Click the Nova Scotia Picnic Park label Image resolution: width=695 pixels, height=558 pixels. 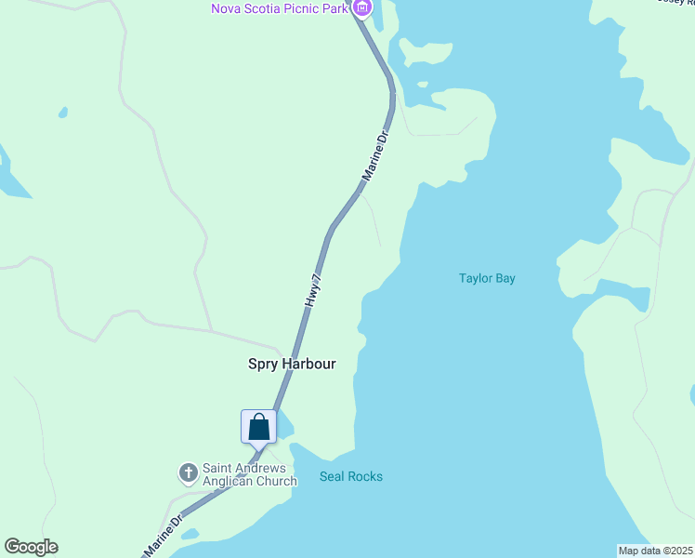tap(280, 9)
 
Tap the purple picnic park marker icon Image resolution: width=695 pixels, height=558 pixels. tap(362, 8)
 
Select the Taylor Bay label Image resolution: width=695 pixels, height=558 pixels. tap(487, 278)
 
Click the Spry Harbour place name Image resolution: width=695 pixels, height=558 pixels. tap(291, 365)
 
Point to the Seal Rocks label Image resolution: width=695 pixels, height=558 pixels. tap(350, 477)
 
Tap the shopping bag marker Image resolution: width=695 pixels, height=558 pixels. tap(259, 428)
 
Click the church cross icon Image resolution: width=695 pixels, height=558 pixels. tap(188, 474)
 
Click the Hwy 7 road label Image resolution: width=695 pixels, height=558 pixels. tap(314, 291)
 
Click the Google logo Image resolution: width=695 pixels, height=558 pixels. tap(31, 547)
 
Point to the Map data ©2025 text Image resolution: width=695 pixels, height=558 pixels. tap(655, 551)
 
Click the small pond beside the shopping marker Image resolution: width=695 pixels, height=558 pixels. tap(285, 426)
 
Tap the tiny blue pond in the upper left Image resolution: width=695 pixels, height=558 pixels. tap(63, 113)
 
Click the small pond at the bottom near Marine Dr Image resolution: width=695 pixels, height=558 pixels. tap(190, 535)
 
